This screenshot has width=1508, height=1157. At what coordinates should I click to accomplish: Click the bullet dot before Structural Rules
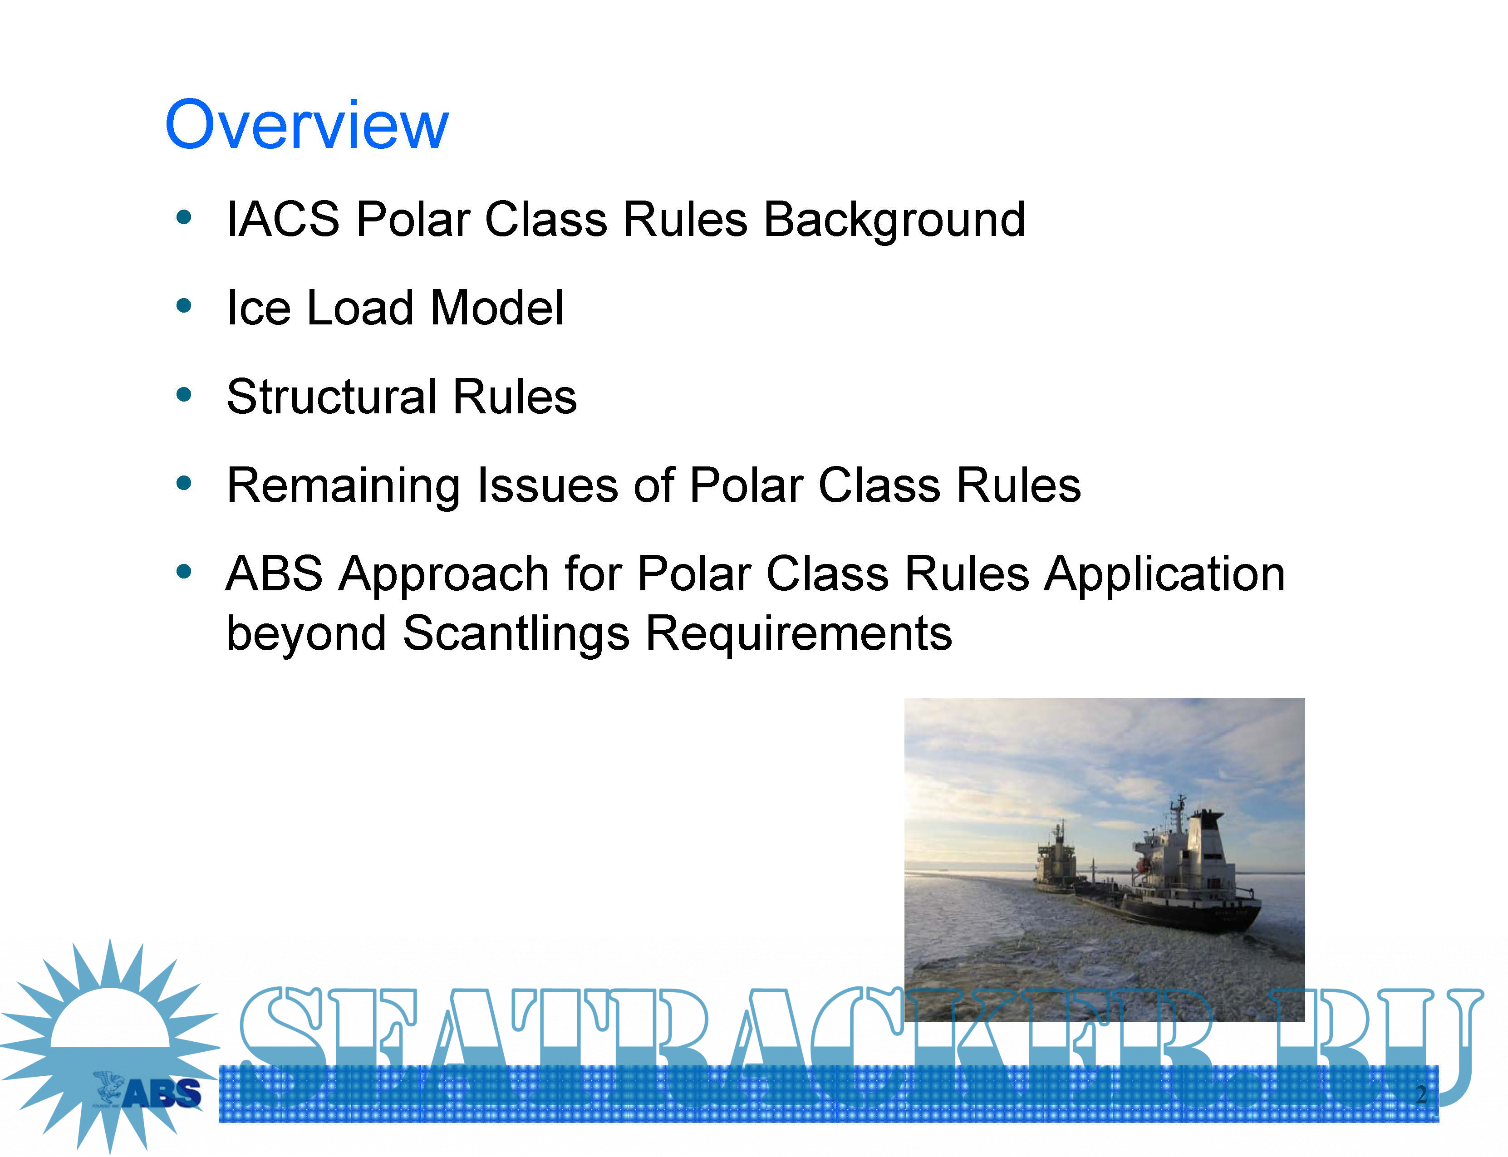point(183,395)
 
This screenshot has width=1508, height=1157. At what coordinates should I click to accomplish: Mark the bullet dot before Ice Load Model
point(183,306)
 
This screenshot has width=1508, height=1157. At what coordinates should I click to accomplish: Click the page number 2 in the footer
point(1420,1094)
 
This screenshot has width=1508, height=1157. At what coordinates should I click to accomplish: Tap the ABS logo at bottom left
point(147,1092)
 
